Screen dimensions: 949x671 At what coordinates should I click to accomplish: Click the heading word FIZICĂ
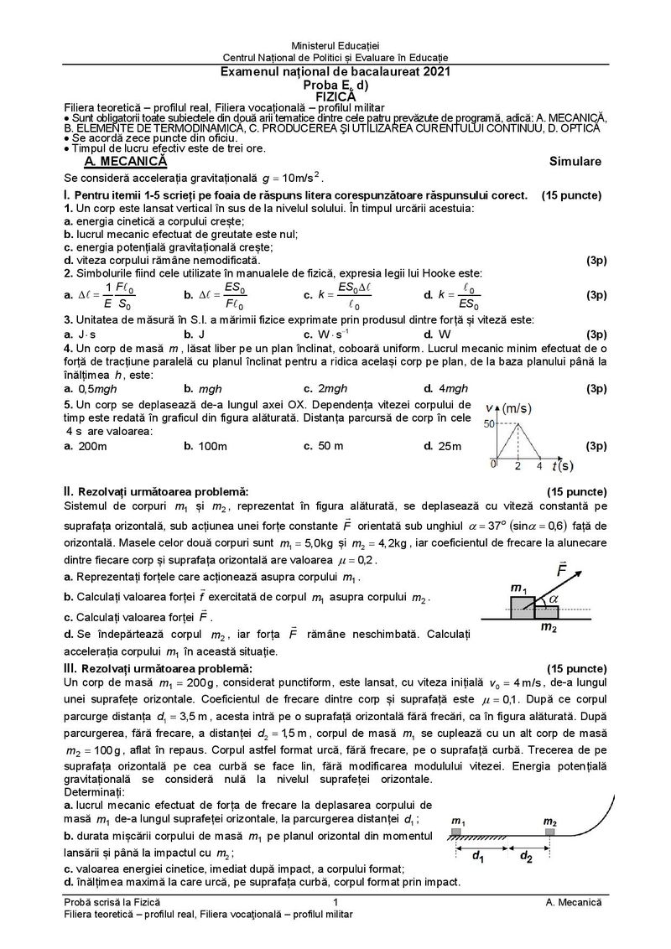point(335,96)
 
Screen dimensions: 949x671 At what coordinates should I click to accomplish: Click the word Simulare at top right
point(575,161)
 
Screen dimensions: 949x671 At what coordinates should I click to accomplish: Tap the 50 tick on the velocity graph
point(490,424)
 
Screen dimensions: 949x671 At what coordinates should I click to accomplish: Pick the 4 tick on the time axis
point(539,465)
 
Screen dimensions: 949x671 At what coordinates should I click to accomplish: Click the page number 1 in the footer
point(335,900)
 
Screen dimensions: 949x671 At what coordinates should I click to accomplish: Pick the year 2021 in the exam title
point(434,73)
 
